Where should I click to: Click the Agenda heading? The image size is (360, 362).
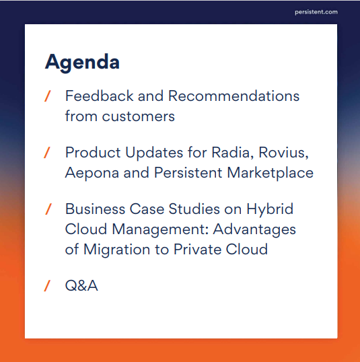click(x=82, y=63)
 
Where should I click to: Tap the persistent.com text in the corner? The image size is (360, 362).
click(x=316, y=12)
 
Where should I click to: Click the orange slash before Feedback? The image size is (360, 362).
click(x=47, y=96)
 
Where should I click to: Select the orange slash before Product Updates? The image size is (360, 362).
click(x=47, y=153)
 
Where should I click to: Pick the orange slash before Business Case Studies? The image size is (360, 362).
click(x=48, y=209)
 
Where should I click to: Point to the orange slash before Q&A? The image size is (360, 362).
click(x=47, y=285)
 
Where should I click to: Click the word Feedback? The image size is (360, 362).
click(x=100, y=96)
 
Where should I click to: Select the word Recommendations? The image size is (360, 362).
click(x=233, y=96)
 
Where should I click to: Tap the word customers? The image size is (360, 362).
click(x=139, y=116)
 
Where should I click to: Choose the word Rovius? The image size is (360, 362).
click(x=283, y=153)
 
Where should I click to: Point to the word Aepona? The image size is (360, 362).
click(x=92, y=174)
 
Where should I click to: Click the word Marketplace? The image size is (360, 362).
click(x=271, y=174)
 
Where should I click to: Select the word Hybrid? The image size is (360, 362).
click(x=270, y=210)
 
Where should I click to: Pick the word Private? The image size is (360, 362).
click(x=197, y=250)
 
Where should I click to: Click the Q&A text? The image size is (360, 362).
click(x=81, y=286)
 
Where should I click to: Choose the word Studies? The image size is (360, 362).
click(x=194, y=209)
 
